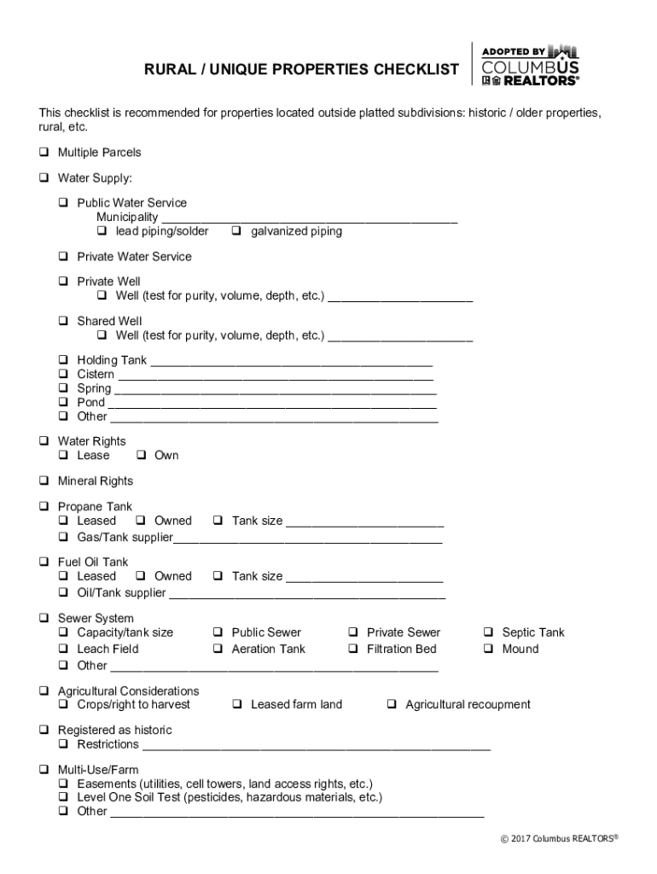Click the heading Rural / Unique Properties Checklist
[x=300, y=70]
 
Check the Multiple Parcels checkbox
[x=44, y=153]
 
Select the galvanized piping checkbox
[x=236, y=231]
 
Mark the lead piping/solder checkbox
[x=102, y=231]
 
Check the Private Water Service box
[x=63, y=257]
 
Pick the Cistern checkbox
[x=63, y=375]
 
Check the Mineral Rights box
[x=44, y=481]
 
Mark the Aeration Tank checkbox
[x=218, y=650]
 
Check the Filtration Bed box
[x=352, y=650]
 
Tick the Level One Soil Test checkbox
[x=63, y=798]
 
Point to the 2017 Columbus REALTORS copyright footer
[x=559, y=839]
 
